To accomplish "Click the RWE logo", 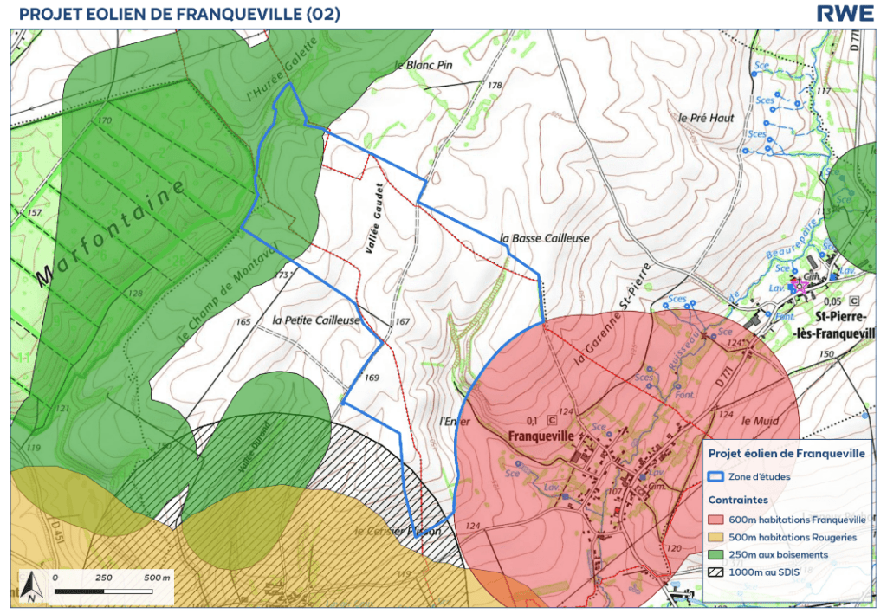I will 844,14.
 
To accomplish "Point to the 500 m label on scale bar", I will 158,577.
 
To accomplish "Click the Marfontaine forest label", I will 113,234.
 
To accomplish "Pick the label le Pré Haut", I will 700,118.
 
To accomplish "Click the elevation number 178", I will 495,86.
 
